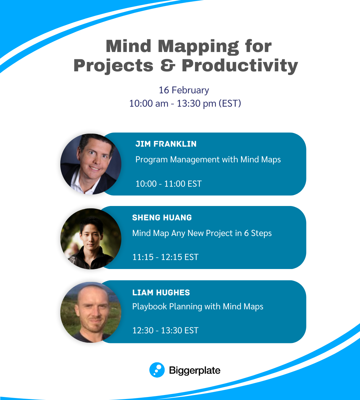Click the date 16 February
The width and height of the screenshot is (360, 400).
pos(184,90)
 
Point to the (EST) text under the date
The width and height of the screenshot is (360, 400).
pos(230,103)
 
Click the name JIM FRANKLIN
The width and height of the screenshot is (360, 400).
pos(166,144)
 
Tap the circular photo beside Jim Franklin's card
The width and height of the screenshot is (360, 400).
pos(91,164)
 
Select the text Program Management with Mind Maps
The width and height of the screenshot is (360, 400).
pos(208,160)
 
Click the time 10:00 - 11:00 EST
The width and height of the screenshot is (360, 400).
pos(168,184)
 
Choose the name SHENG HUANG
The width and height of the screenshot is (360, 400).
pos(162,218)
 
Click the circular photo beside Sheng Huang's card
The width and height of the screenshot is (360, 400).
pos(91,239)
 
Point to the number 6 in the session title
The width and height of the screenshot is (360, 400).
pos(246,233)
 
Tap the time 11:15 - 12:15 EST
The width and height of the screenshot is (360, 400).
pos(165,257)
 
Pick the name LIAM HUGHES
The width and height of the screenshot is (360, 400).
pos(161,293)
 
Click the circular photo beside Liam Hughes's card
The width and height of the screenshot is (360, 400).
pos(91,312)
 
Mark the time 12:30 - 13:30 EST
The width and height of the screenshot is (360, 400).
pos(165,330)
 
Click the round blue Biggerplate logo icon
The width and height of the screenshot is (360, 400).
pos(157,370)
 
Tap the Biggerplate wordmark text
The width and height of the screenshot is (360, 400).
pos(195,370)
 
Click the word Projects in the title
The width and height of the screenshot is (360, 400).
pos(113,66)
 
